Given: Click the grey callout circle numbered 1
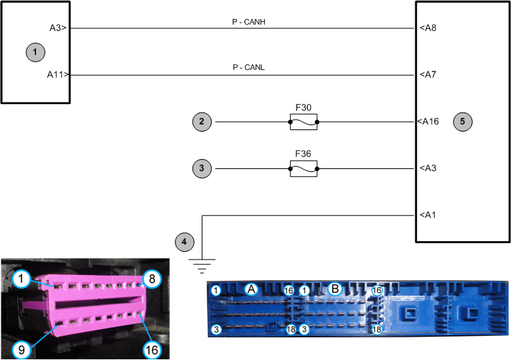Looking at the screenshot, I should pyautogui.click(x=34, y=52).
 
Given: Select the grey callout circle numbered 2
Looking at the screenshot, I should pyautogui.click(x=202, y=122).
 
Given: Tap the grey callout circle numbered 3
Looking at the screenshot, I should pyautogui.click(x=202, y=168).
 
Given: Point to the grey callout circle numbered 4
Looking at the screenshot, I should pyautogui.click(x=185, y=242).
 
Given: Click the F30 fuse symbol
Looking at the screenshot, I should pyautogui.click(x=304, y=122).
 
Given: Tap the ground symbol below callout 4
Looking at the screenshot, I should pyautogui.click(x=202, y=265).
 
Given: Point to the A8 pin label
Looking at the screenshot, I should pyautogui.click(x=427, y=28).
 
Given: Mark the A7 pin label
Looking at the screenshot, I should pyautogui.click(x=427, y=74).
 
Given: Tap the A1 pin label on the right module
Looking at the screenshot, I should pyautogui.click(x=427, y=214).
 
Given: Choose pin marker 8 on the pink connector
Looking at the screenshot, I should pyautogui.click(x=149, y=278).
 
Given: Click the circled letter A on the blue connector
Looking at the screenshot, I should pyautogui.click(x=251, y=289).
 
